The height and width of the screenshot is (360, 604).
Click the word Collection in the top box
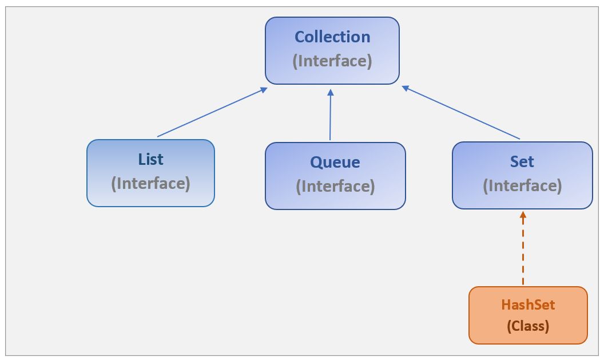[332, 37]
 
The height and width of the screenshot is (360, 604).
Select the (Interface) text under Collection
[332, 61]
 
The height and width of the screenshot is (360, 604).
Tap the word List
[150, 159]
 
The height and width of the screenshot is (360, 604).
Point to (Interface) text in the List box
[150, 183]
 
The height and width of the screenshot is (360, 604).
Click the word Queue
[335, 163]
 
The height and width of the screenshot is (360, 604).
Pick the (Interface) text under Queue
[335, 187]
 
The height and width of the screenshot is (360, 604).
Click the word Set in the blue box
[522, 162]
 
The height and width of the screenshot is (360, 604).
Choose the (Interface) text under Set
[522, 186]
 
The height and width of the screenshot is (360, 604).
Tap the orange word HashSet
[528, 305]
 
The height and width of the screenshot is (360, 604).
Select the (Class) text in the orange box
[528, 326]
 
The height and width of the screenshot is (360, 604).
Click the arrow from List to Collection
[212, 112]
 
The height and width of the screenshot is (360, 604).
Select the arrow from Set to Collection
[461, 113]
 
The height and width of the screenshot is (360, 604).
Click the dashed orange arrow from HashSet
[523, 252]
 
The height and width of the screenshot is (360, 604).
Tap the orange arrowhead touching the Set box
[523, 215]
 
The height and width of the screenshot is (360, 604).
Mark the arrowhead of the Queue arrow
[331, 92]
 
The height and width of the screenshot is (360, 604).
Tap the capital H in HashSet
[506, 305]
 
